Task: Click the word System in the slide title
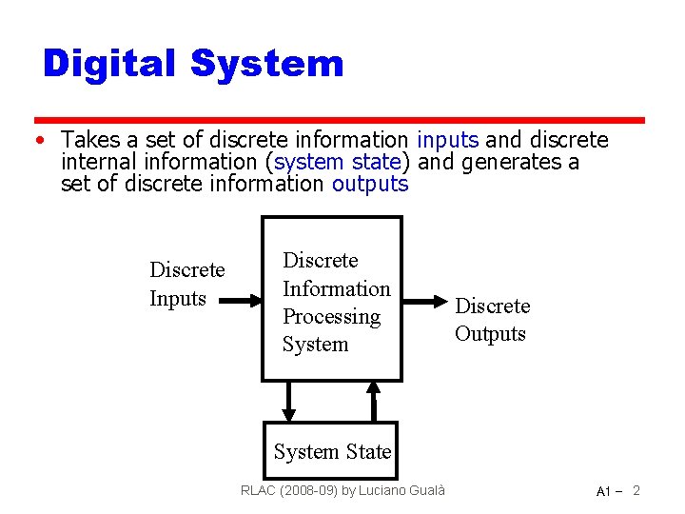pyautogui.click(x=266, y=64)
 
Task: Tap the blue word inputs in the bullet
pyautogui.click(x=447, y=141)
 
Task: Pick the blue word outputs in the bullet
pyautogui.click(x=370, y=184)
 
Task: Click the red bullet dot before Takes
pyautogui.click(x=36, y=141)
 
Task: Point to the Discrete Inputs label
pyautogui.click(x=186, y=284)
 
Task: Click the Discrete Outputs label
pyautogui.click(x=492, y=319)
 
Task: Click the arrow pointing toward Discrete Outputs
pyautogui.click(x=424, y=301)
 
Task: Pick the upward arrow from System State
pyautogui.click(x=374, y=400)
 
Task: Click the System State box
pyautogui.click(x=332, y=451)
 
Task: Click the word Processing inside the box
pyautogui.click(x=331, y=316)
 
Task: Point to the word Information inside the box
pyautogui.click(x=337, y=288)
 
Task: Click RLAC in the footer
pyautogui.click(x=257, y=490)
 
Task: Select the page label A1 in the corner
pyautogui.click(x=603, y=491)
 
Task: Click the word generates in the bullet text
pyautogui.click(x=509, y=163)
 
